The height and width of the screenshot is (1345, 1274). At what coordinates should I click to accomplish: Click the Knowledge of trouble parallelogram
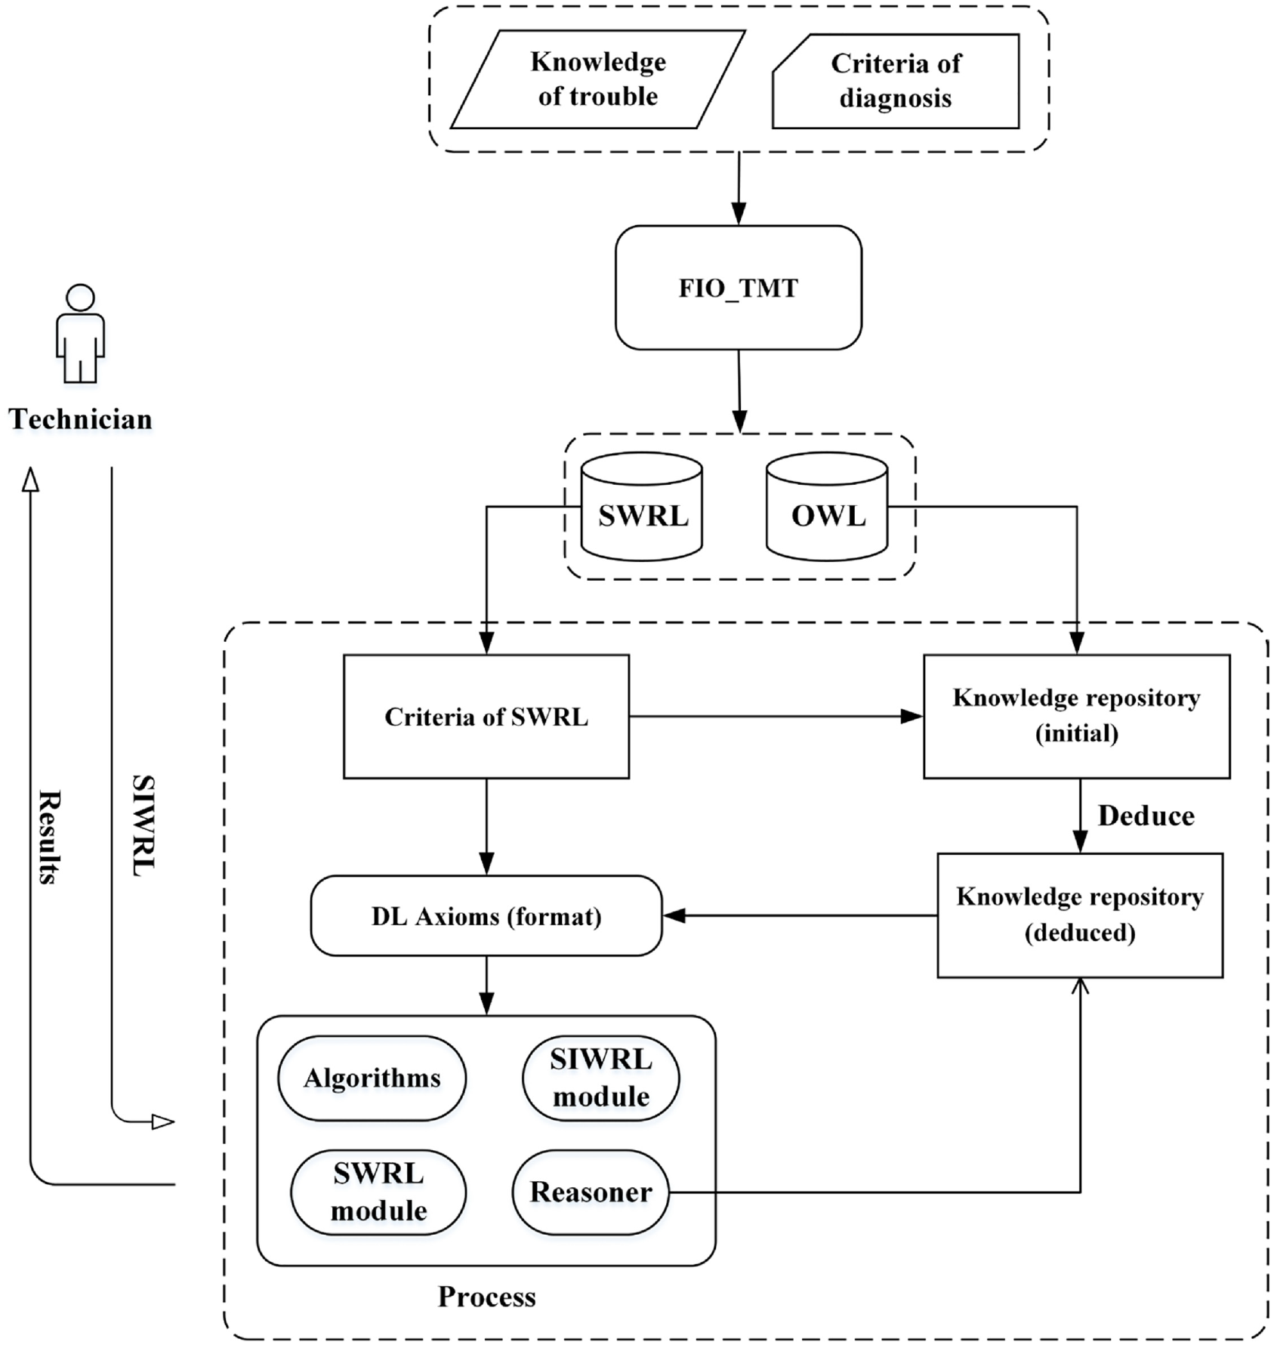point(598,79)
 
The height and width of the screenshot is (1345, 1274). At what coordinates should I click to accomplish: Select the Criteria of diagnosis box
point(896,81)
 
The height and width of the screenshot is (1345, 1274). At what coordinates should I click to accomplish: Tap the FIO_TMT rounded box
point(739,288)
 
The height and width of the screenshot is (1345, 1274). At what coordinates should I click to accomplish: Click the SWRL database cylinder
point(642,507)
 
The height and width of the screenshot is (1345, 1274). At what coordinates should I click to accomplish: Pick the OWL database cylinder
point(827,507)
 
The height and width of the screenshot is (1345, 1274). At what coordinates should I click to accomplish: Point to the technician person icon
point(80,333)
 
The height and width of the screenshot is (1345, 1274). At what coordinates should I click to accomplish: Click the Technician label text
point(80,419)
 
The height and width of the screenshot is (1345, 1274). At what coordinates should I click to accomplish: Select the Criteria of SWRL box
point(486,717)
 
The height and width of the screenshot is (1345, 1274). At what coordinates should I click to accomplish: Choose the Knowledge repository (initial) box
point(1077,717)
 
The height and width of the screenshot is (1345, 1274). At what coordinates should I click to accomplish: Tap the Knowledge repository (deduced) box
point(1080,915)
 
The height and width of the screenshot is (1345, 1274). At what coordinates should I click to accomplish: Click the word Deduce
point(1146,816)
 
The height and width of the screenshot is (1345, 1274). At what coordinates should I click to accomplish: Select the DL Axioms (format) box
point(486,916)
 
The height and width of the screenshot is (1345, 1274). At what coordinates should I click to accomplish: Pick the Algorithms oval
point(372,1078)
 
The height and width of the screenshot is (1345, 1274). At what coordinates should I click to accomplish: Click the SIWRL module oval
point(601,1078)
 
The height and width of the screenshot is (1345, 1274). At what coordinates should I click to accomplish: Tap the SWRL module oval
point(378,1192)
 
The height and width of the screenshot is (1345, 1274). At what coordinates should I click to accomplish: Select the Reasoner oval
point(591,1192)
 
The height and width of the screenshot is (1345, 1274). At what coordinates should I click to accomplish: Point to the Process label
point(487,1297)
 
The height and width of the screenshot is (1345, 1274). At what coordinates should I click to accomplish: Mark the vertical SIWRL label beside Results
point(143,825)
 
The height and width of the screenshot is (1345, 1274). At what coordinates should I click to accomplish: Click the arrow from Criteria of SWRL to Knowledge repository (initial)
point(776,717)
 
